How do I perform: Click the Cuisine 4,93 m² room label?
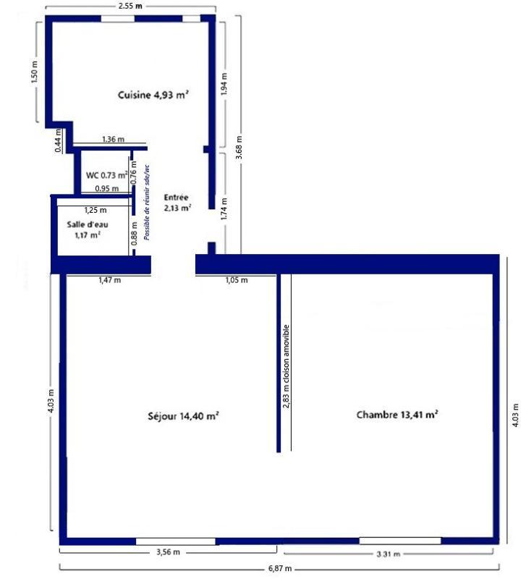pos(153,94)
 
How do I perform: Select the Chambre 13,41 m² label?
pos(397,415)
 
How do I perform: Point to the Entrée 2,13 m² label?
pos(177,202)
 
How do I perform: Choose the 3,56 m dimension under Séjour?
pos(168,552)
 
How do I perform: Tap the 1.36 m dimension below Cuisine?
pos(112,139)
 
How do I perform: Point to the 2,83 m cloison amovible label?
pos(287,366)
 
